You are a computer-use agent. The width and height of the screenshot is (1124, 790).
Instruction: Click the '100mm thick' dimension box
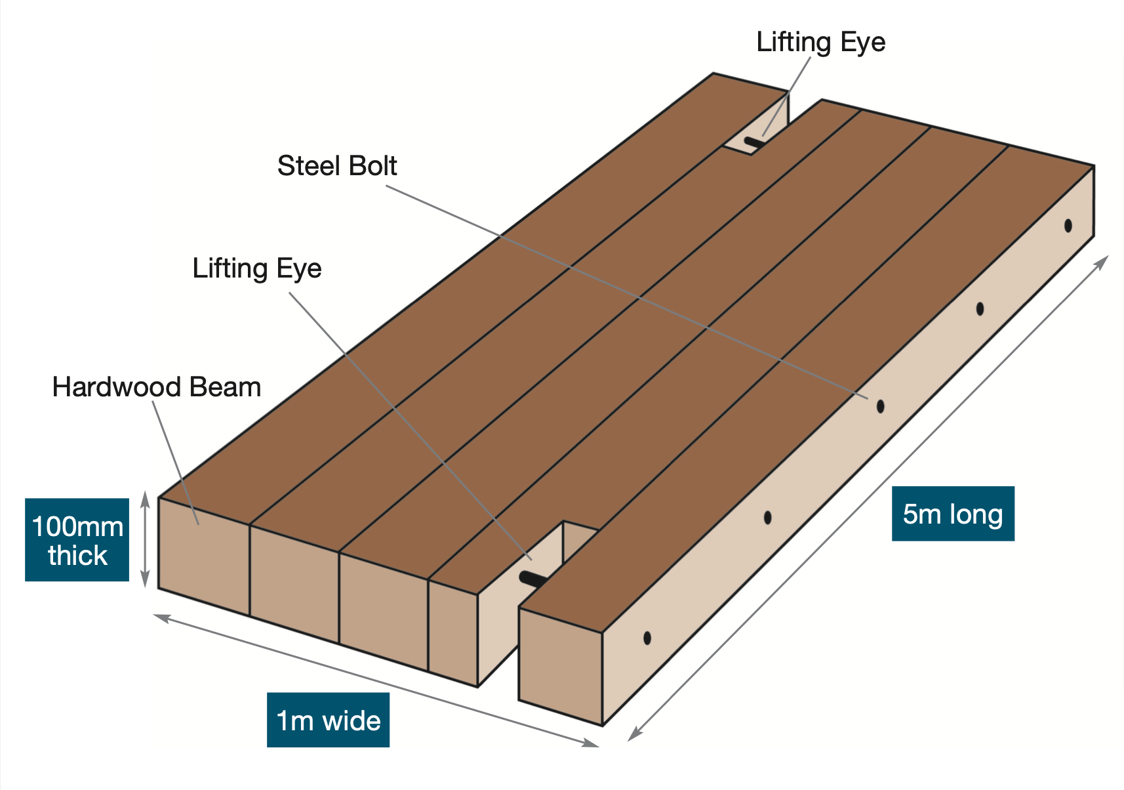(x=77, y=540)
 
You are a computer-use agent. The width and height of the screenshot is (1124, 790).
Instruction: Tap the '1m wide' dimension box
(x=328, y=720)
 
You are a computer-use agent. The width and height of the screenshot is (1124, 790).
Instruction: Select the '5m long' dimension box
(x=953, y=514)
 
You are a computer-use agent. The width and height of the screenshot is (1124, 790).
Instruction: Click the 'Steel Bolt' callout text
(x=336, y=166)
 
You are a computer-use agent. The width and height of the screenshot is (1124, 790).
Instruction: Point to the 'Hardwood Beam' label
(x=157, y=387)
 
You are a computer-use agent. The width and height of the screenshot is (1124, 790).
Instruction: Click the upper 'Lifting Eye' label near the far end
(x=821, y=43)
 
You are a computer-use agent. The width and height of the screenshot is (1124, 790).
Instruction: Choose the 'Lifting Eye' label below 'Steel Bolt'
(x=257, y=268)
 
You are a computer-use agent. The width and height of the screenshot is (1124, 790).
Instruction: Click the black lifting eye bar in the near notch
(x=533, y=579)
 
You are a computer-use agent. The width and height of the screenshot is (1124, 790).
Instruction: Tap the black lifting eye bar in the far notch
(x=754, y=142)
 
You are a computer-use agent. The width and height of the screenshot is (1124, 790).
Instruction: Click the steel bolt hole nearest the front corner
(x=647, y=638)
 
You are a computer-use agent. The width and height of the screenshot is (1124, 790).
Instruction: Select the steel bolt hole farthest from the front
(x=1068, y=226)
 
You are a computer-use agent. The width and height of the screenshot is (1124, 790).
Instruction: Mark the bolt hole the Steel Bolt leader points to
(x=880, y=406)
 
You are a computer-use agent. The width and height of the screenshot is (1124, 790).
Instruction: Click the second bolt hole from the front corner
(x=767, y=518)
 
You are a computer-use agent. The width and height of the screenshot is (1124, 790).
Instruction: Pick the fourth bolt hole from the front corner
(x=980, y=309)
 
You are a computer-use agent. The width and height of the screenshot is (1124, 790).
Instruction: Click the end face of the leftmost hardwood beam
(x=204, y=556)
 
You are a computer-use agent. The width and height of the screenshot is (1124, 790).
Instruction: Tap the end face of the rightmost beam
(x=561, y=667)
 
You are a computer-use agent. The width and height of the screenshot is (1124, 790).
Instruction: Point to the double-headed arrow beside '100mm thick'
(x=145, y=539)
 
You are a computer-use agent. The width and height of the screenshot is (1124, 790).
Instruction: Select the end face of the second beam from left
(x=294, y=584)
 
